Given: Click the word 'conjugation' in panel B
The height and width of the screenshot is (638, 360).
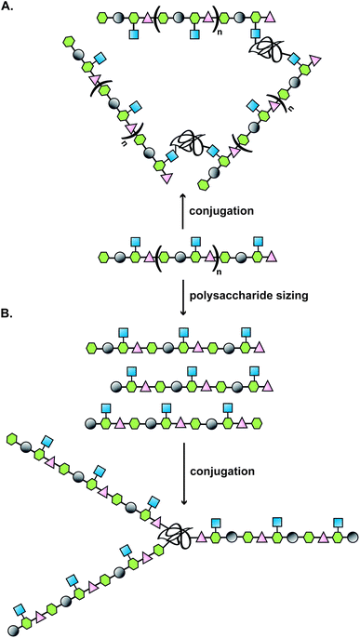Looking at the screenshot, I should click(222, 472).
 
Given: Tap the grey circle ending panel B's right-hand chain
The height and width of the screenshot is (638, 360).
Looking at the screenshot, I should click(352, 538).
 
